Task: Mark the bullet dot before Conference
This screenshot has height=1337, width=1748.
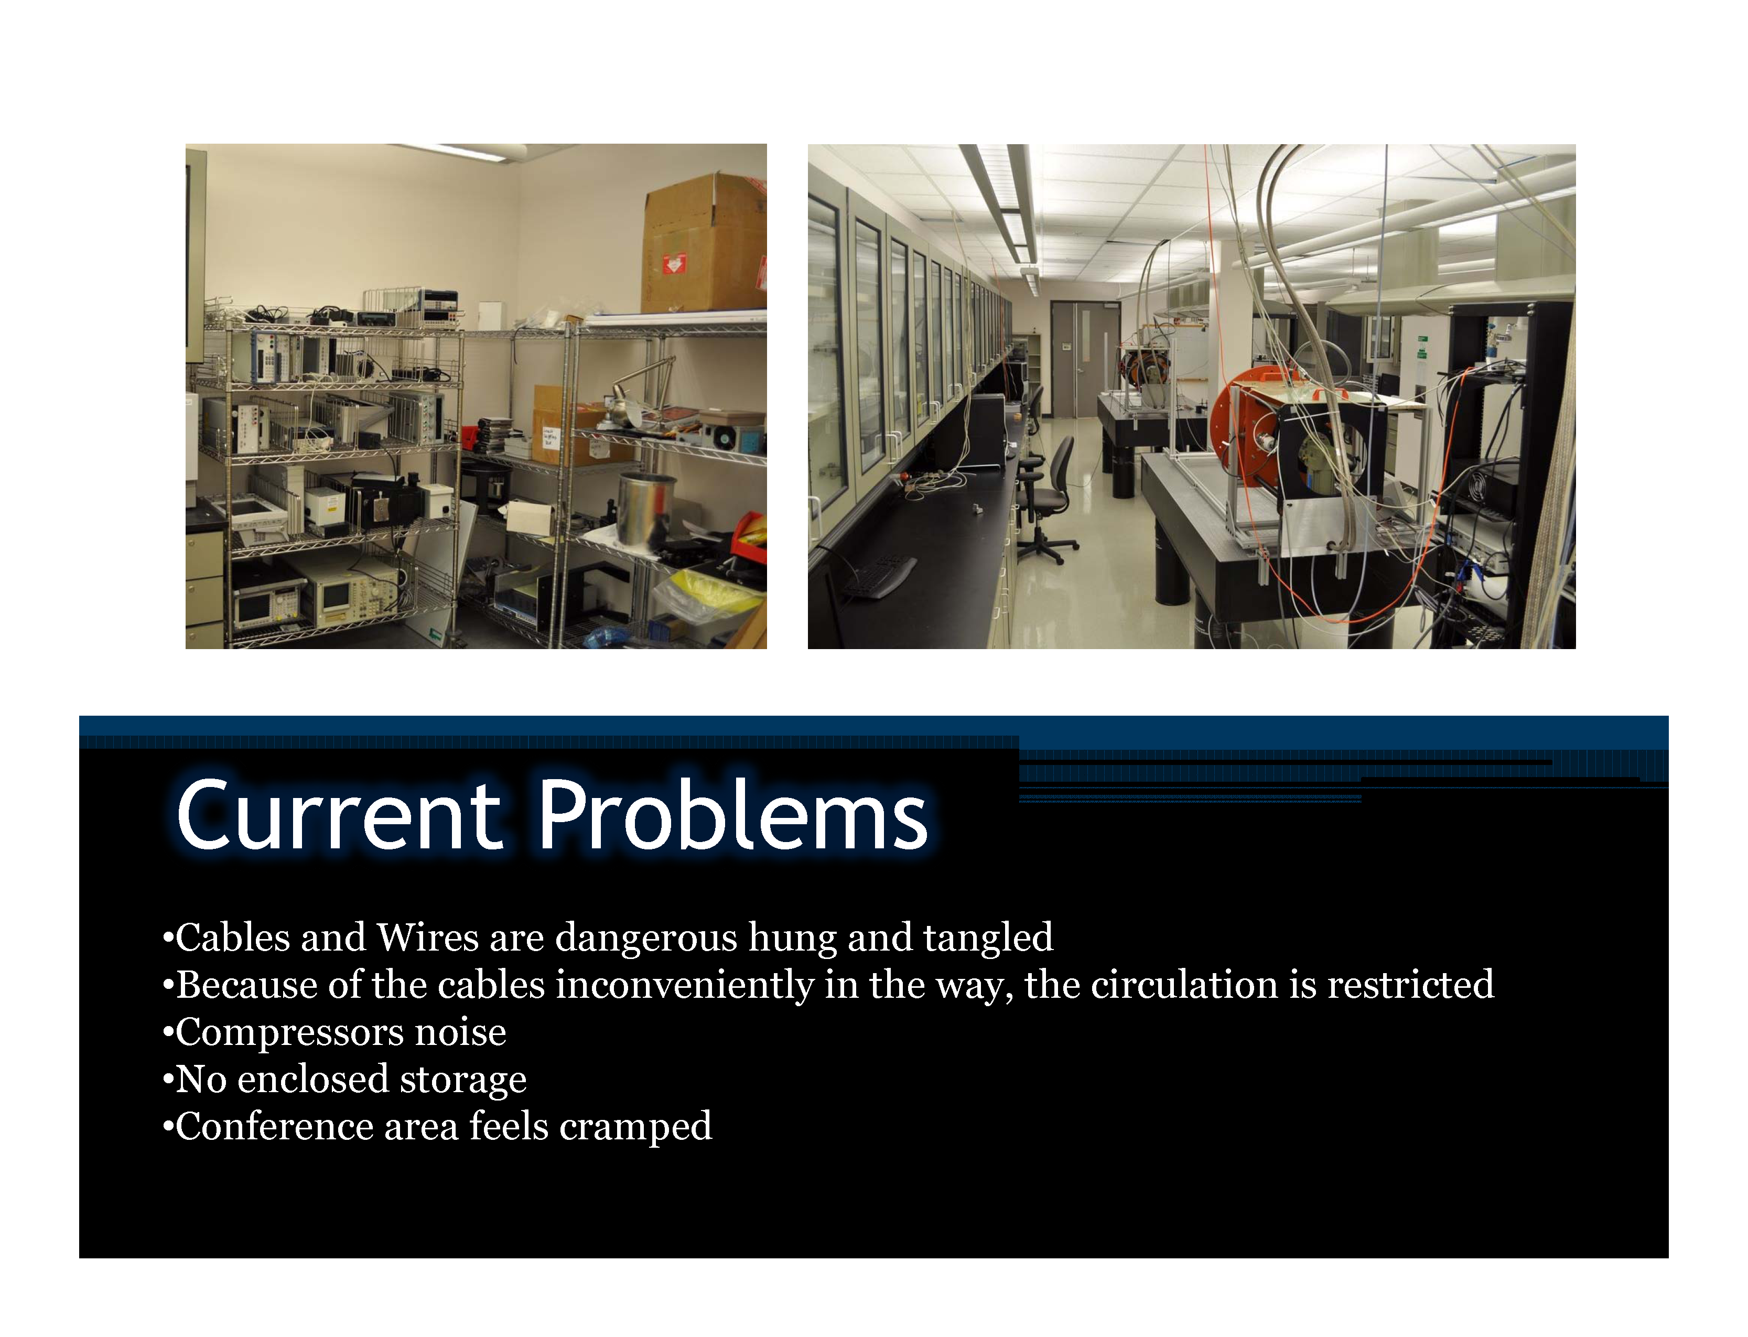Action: point(167,1128)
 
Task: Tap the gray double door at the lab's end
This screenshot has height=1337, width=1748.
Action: point(1084,359)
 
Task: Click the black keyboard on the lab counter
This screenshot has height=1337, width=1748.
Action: point(880,575)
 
